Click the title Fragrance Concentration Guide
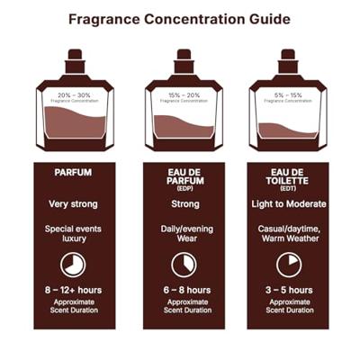coord(180,17)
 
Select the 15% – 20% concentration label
coord(184,94)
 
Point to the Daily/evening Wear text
coord(183,234)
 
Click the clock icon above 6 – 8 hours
coord(183,264)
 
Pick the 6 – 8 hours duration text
coord(183,290)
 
